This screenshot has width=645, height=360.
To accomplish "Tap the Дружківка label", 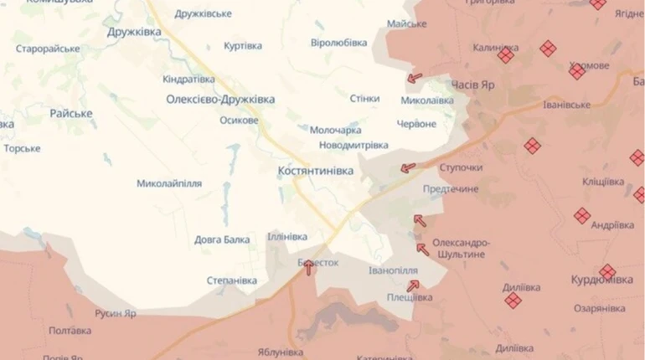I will click(133, 33).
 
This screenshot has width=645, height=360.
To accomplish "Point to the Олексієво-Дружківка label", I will click(221, 99).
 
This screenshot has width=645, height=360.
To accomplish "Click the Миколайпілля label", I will click(169, 183).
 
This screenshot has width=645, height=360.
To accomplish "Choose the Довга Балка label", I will click(222, 239).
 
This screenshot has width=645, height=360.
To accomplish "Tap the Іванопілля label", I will click(393, 270).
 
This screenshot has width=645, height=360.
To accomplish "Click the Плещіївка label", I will click(410, 297).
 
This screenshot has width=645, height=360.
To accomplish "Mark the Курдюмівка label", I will click(602, 280).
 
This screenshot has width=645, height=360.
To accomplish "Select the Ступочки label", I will click(460, 167).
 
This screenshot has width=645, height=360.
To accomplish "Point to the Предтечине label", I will click(450, 189).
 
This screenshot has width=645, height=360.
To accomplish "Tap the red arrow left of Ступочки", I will click(407, 167).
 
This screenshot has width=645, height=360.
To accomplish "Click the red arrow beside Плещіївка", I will click(412, 286).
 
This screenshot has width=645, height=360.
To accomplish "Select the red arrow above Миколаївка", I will click(415, 79).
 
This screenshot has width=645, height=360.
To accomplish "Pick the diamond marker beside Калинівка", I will click(506, 55).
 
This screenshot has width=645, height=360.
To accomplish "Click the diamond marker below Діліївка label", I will click(513, 300).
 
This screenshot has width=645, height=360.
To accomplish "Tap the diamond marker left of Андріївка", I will click(581, 216).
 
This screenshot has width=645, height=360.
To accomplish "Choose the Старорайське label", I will click(48, 49).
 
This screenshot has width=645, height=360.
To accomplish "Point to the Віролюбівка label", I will click(338, 42).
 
